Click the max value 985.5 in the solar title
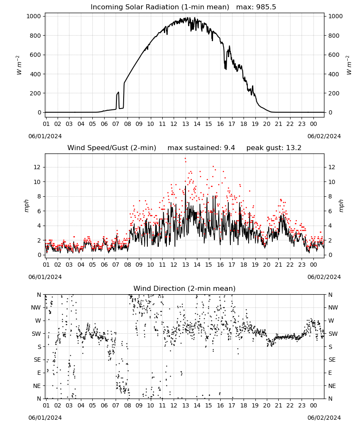click(x=265, y=7)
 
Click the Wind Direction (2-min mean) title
click(x=185, y=288)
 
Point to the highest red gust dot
click(x=185, y=159)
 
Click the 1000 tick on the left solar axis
click(x=33, y=16)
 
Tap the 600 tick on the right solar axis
click(x=334, y=55)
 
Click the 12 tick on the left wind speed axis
click(x=37, y=167)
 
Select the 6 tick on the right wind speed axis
click(x=330, y=211)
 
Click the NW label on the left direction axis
click(x=36, y=308)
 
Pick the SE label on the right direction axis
click(x=332, y=360)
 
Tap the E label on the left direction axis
click(x=39, y=373)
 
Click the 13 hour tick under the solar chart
click(x=186, y=124)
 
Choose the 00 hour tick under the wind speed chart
click(x=313, y=265)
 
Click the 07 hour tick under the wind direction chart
click(x=116, y=406)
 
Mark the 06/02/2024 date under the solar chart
click(x=324, y=136)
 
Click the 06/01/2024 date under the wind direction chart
click(x=45, y=418)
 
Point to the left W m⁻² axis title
click(x=19, y=65)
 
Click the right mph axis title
click(x=341, y=206)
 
